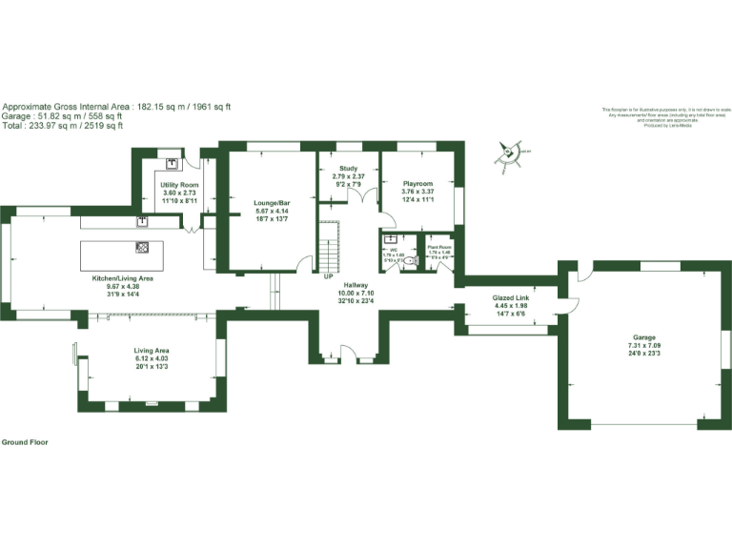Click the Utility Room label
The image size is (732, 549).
[x=179, y=184]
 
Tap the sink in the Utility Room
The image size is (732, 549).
[x=173, y=163]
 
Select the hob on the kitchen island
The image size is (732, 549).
[x=142, y=248]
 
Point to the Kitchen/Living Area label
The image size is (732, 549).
[x=122, y=278]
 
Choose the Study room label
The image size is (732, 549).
[x=348, y=169]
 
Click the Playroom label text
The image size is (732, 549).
[x=417, y=184]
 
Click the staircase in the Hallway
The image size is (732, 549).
[x=328, y=245]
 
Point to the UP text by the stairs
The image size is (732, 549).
[x=329, y=277]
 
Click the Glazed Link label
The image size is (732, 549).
[x=510, y=298]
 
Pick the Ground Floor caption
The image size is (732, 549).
[x=25, y=442]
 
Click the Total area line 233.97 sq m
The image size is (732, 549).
[x=62, y=126]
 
